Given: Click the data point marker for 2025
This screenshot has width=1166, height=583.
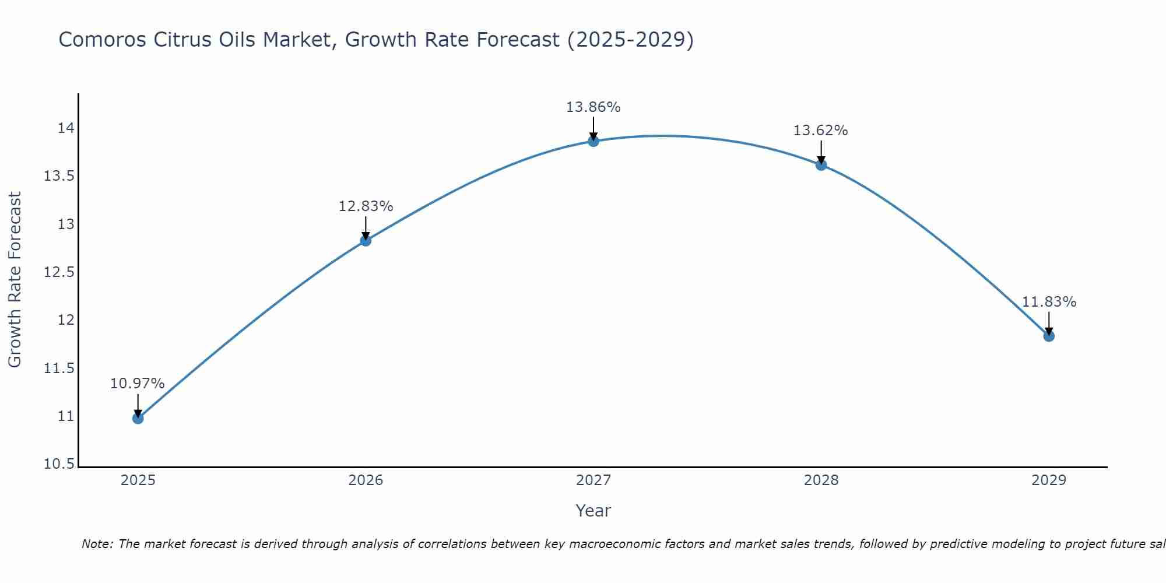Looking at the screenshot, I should (138, 418).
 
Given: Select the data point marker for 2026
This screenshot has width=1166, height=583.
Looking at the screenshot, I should (366, 240).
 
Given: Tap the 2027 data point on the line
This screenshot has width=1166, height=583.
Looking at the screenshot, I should (593, 141).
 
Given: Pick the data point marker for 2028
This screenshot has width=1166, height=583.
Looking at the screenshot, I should (821, 164).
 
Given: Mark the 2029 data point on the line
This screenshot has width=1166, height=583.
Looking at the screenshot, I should (1049, 336).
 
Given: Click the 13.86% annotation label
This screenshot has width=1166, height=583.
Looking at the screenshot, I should (593, 107).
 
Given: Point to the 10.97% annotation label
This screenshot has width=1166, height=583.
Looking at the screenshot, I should (138, 384).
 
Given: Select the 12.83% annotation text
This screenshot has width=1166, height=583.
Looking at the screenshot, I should (366, 206).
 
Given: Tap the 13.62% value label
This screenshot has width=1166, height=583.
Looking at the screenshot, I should (820, 131).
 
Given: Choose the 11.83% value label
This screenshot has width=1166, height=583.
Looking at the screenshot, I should (1049, 302).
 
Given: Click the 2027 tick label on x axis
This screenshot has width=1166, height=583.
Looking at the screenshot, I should (593, 480).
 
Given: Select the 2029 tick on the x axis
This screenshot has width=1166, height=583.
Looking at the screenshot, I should (1049, 480).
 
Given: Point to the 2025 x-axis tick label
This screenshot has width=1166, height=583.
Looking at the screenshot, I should (138, 480).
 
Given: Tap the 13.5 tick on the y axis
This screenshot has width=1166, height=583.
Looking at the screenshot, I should (59, 176).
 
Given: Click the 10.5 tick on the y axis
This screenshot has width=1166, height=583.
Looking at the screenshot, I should (59, 464).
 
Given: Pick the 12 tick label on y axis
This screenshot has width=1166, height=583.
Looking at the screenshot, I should (65, 320).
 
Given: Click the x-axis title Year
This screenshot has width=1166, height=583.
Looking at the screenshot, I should (593, 511).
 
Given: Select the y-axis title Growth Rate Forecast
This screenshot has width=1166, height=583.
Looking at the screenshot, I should (15, 280).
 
